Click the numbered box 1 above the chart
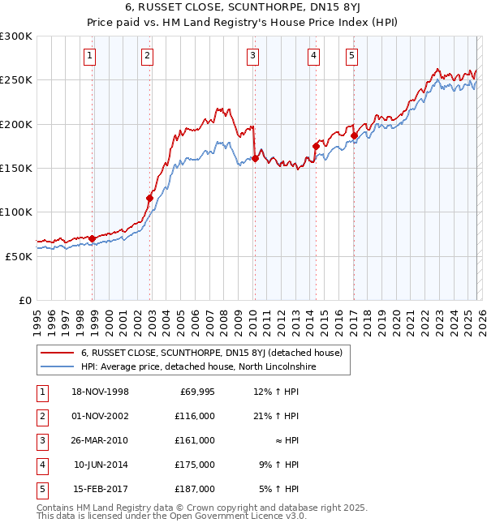88,56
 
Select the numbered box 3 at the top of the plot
253,56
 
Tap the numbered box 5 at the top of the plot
351,56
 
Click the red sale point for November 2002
149,198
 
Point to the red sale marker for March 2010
255,158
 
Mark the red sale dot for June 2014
316,146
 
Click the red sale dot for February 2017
354,135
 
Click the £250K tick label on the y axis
16,80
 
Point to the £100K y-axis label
16,212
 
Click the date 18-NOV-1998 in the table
101,392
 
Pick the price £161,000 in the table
195,440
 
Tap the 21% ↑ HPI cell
275,416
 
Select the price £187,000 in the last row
195,489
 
